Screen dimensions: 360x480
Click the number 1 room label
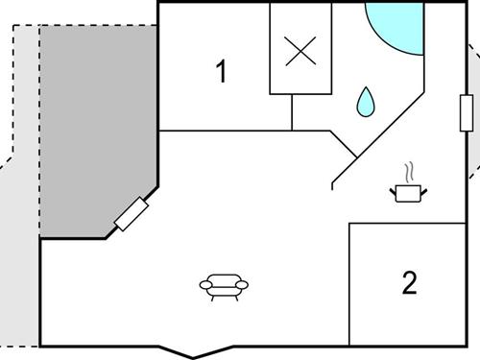[222, 71]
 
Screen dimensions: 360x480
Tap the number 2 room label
[410, 283]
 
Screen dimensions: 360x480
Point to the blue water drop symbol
[365, 101]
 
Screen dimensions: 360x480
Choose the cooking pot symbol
[410, 193]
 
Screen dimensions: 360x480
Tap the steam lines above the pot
[411, 173]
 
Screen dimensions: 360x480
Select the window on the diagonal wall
[131, 214]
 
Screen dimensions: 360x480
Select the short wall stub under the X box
[292, 112]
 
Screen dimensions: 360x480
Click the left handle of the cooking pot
[394, 192]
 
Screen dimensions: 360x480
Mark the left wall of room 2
[348, 283]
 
